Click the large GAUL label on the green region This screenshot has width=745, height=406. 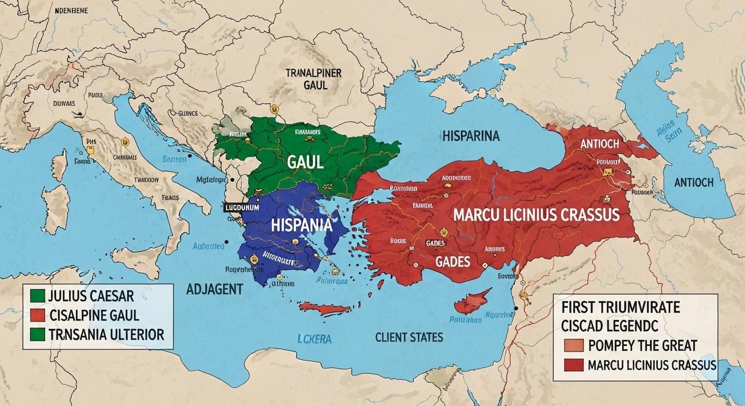(x=305, y=162)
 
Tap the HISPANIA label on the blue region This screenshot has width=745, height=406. (x=301, y=225)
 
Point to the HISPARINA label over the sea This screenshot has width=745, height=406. (x=470, y=136)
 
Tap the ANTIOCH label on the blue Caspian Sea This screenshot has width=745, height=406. (x=694, y=182)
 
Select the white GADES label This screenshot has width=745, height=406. (x=453, y=261)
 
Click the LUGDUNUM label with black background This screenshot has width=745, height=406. (x=241, y=208)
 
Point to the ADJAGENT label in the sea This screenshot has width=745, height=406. (x=214, y=289)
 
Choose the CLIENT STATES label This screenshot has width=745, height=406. (x=409, y=337)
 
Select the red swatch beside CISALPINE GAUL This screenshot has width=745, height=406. (x=38, y=316)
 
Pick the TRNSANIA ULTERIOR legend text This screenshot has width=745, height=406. (x=106, y=335)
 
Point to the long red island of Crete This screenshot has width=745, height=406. (x=324, y=309)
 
